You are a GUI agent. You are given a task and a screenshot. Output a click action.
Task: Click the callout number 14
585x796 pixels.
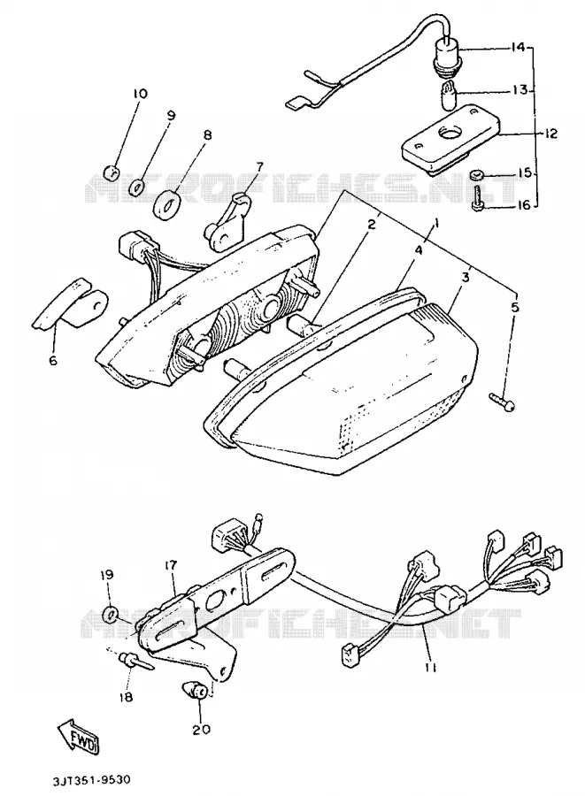point(518,49)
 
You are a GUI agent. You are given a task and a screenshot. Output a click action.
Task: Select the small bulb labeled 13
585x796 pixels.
point(448,94)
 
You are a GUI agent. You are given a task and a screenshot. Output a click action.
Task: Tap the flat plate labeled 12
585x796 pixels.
point(450,136)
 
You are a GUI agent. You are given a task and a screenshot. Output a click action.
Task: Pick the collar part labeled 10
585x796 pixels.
point(112,173)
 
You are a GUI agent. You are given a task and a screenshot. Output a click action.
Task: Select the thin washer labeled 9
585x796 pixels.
point(135,188)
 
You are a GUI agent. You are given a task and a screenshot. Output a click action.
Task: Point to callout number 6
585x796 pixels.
point(53,361)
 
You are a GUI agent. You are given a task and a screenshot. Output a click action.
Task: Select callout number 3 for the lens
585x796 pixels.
point(466,278)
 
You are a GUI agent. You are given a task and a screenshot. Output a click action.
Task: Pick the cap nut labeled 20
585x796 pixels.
point(196,692)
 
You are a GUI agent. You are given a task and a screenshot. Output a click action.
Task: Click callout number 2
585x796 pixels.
point(373,224)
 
